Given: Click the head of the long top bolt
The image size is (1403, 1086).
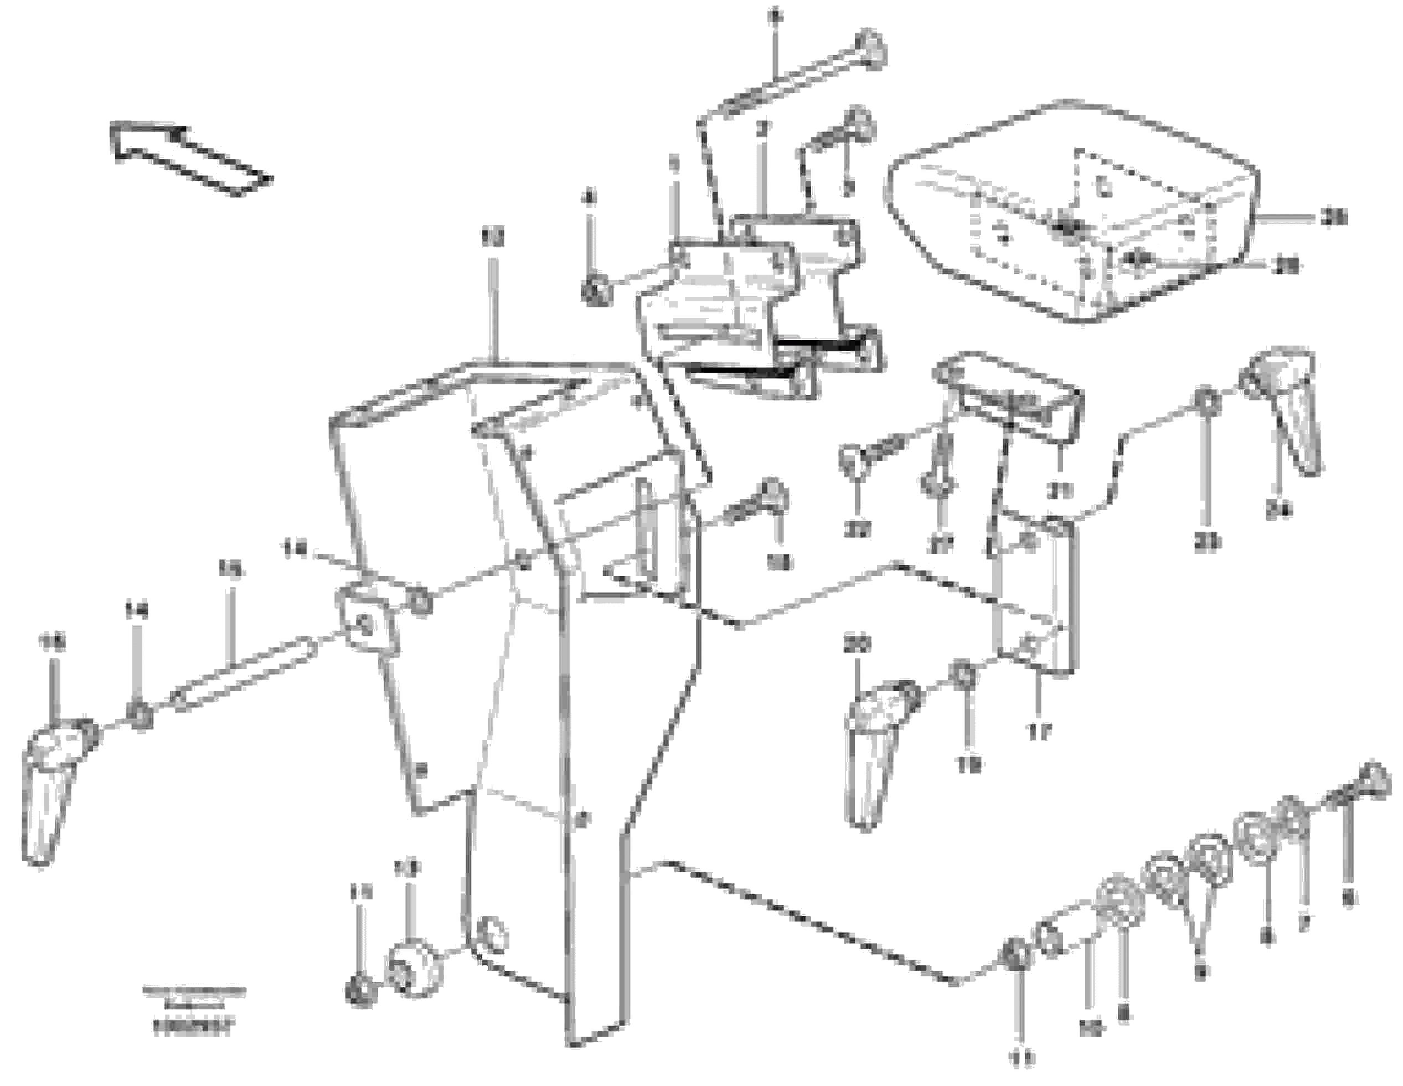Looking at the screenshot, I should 870,49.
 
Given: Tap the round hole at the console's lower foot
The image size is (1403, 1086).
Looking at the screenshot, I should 492,935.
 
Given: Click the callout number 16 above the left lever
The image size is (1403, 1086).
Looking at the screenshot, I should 54,642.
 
